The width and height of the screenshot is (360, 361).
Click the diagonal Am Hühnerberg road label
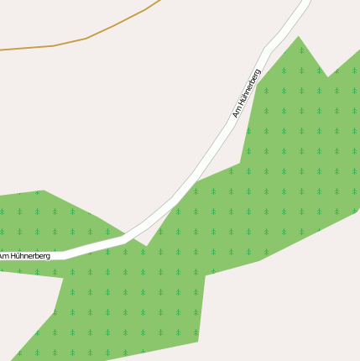pos(247,93)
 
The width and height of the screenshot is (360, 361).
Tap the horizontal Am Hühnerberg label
pos(25,255)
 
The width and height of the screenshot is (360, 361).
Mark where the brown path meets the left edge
pos(1,50)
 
